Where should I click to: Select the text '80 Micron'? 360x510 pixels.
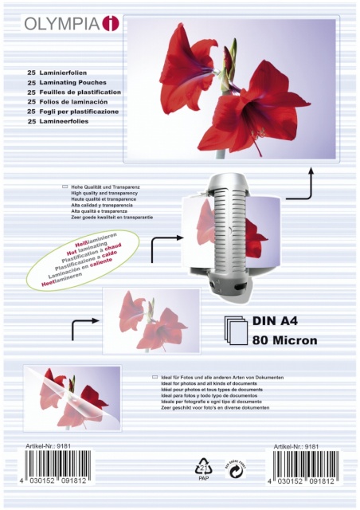tap(284, 340)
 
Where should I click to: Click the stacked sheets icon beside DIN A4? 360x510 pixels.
tap(235, 330)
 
